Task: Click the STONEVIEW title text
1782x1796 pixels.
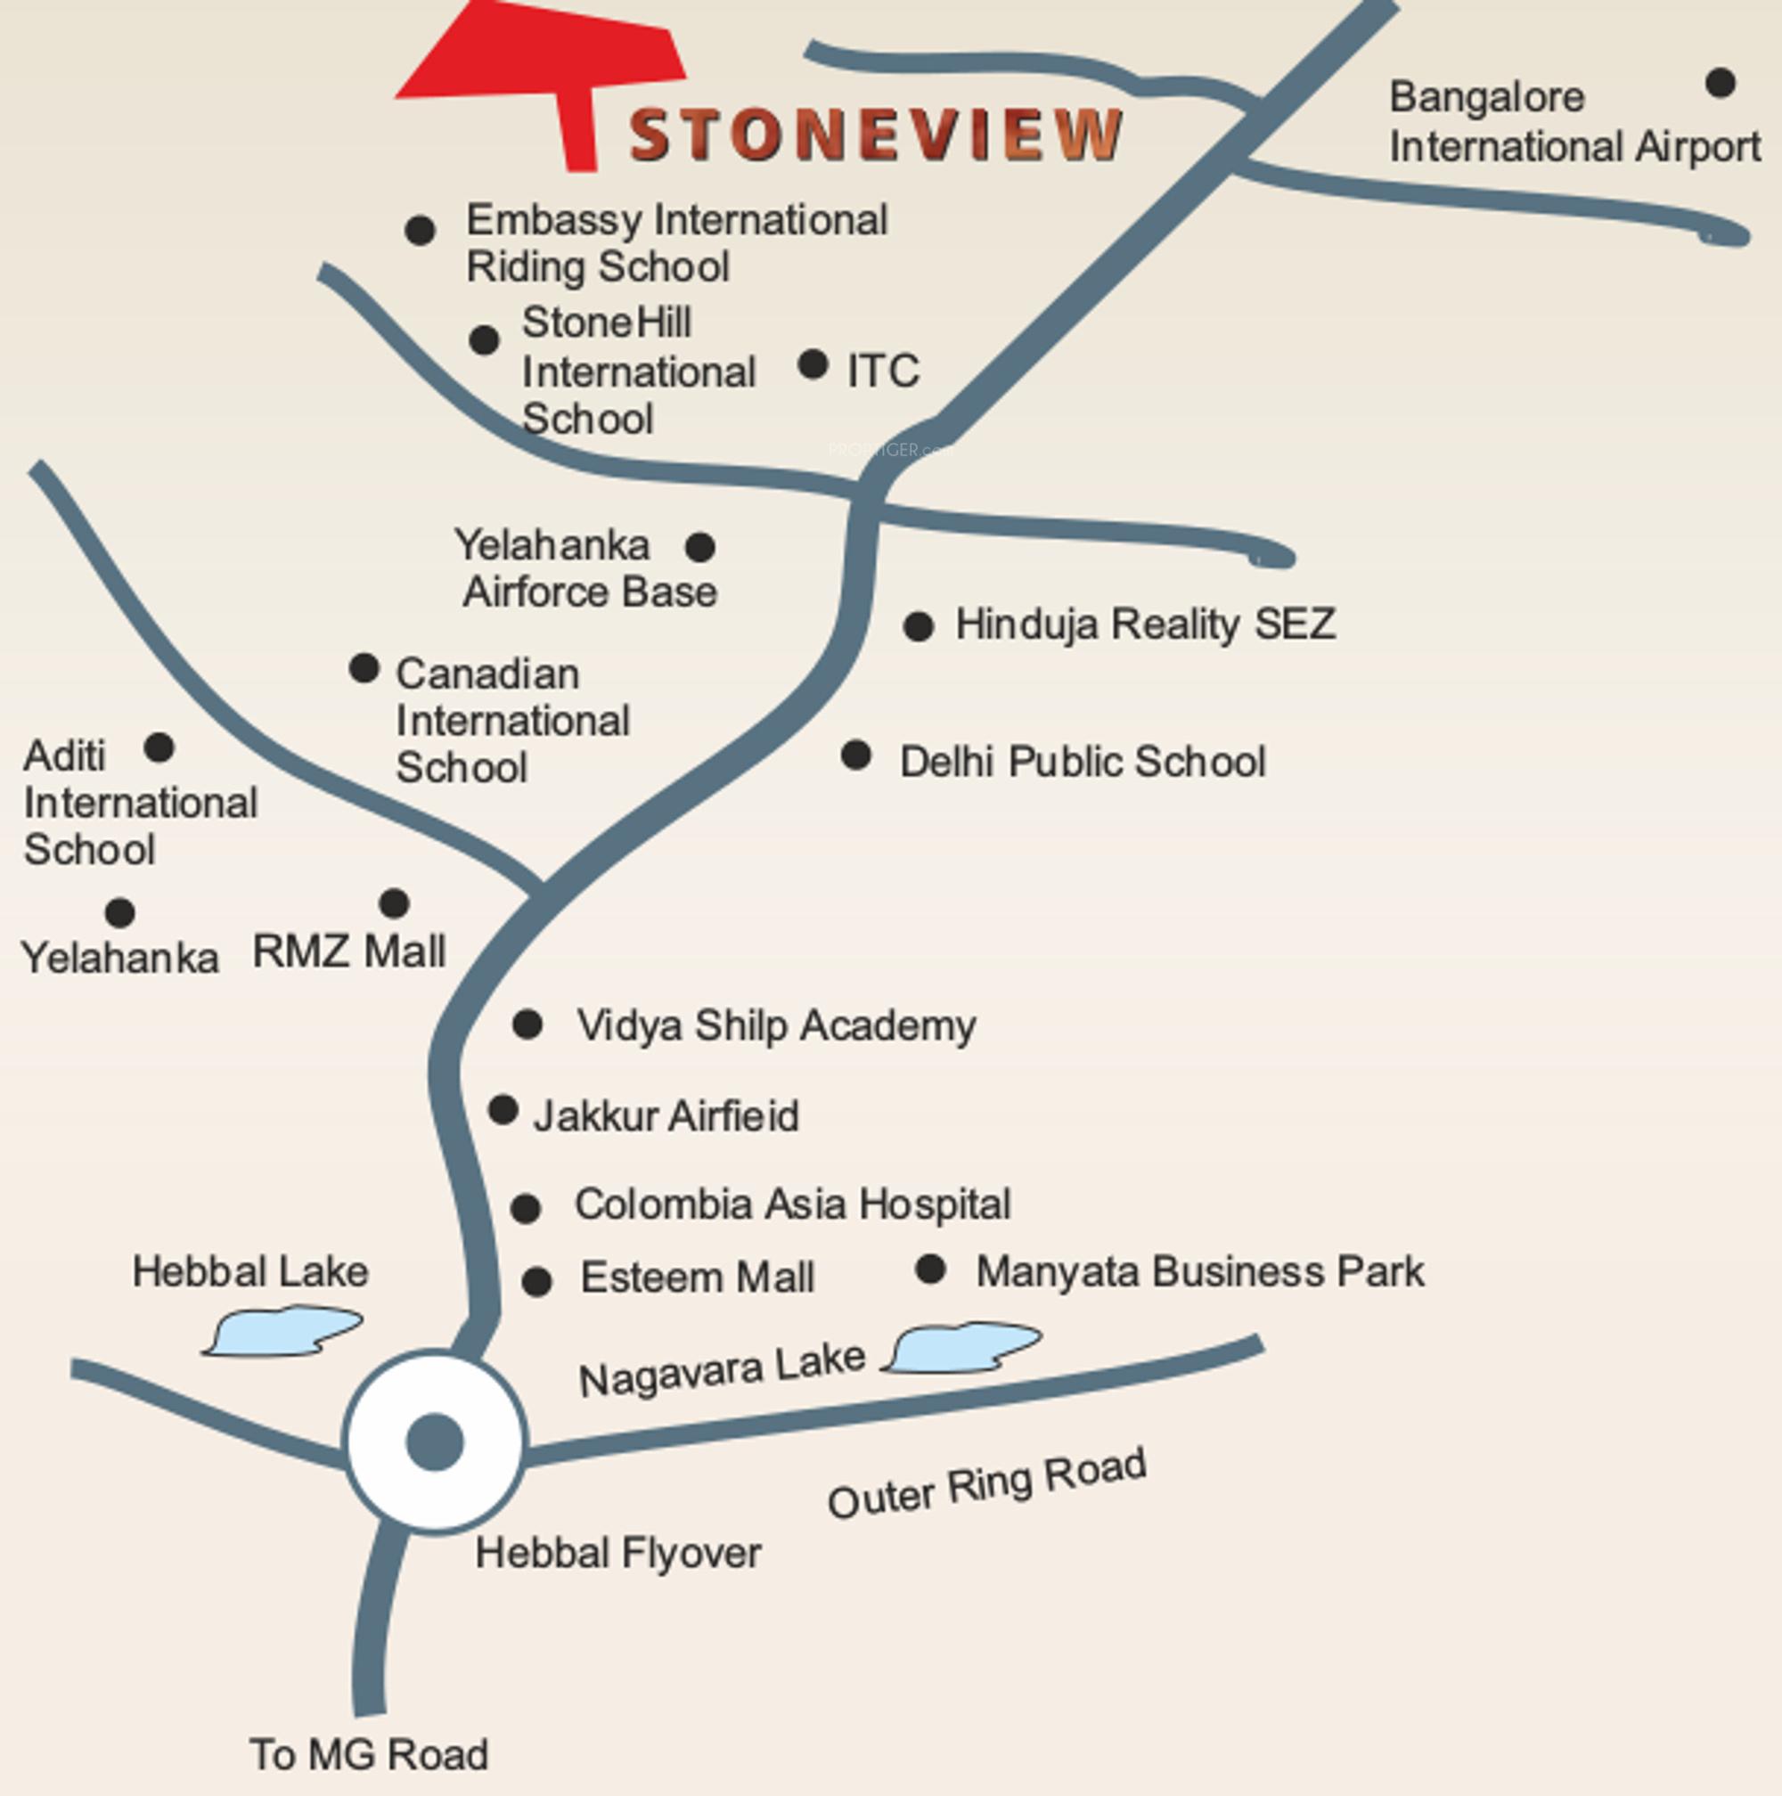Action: coord(876,135)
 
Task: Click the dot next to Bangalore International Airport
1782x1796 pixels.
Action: coord(1720,83)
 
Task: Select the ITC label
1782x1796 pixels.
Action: coord(883,371)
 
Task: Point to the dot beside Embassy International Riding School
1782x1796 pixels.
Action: coord(421,230)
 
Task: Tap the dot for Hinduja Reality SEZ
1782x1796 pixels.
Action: coord(918,626)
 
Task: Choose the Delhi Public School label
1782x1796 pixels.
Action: coord(1082,762)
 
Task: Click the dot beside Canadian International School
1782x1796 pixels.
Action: coord(364,667)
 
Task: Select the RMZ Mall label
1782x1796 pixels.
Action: coord(348,951)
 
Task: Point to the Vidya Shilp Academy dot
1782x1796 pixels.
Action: coord(527,1025)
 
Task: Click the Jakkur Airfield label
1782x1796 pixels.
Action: coord(666,1115)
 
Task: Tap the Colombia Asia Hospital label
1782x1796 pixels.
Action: coord(792,1204)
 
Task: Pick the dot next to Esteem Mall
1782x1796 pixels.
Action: coord(536,1281)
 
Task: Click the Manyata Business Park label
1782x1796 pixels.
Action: coord(1199,1271)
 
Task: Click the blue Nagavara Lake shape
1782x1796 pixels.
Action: coord(963,1346)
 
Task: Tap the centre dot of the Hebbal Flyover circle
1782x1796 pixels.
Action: coord(434,1441)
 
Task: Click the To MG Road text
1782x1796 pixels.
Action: coord(368,1754)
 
